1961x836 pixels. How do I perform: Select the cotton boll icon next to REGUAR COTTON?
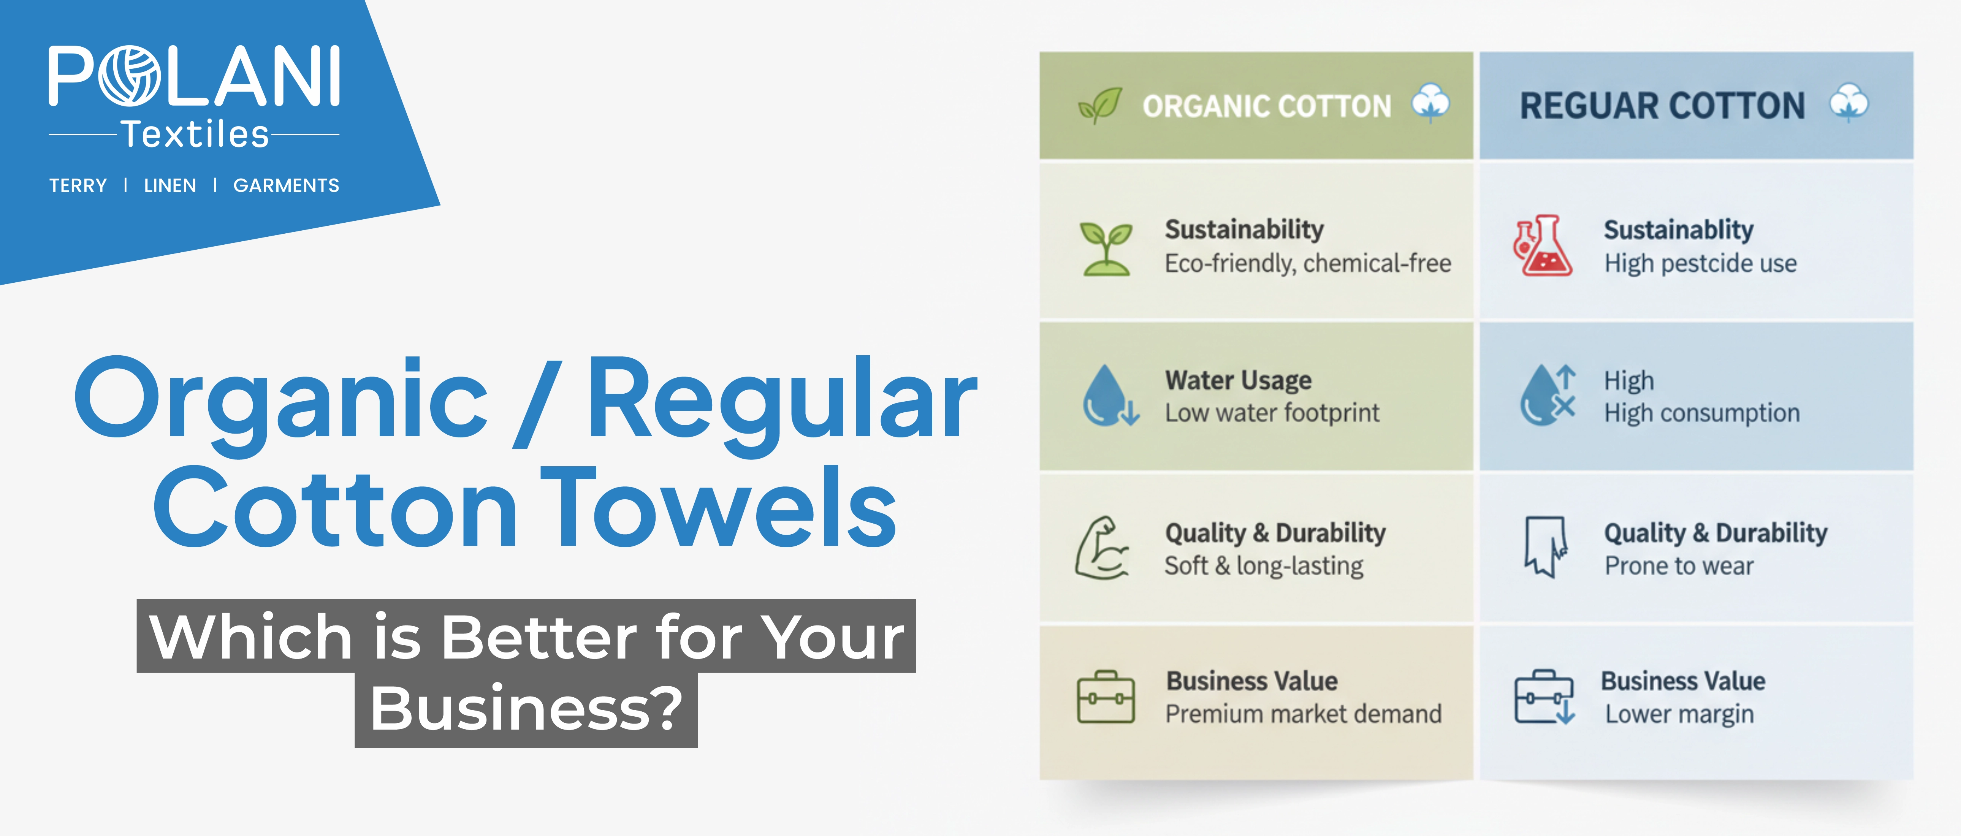click(1849, 103)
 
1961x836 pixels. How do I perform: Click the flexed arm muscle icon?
click(1101, 548)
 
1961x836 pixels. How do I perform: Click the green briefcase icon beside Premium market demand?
click(1106, 697)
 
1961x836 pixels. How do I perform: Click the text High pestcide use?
click(1700, 263)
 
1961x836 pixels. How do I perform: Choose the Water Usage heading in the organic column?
click(1238, 380)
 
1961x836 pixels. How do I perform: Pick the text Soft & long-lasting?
click(1264, 566)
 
